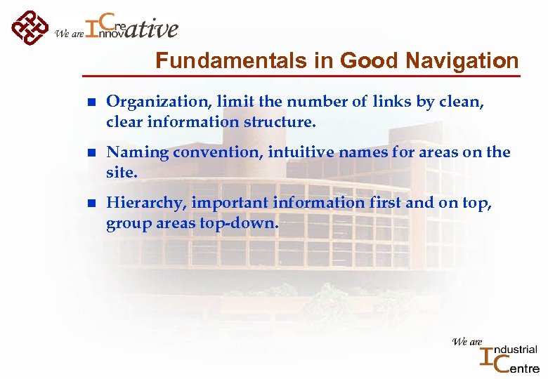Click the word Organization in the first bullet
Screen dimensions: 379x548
[x=148, y=102]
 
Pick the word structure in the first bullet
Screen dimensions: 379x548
[x=280, y=122]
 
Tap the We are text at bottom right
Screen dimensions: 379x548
[x=467, y=342]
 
